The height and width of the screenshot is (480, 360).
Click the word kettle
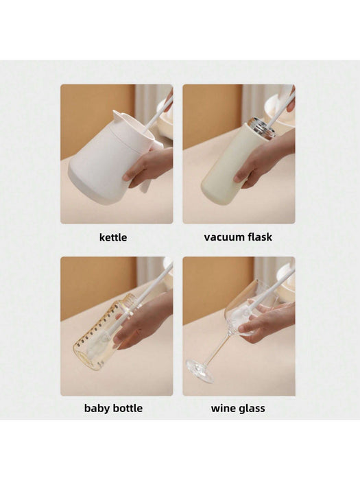[x=113, y=237]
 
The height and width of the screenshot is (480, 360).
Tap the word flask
[x=260, y=237]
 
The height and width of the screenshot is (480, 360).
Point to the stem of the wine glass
[x=218, y=348]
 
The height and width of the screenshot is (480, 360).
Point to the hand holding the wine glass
[x=266, y=321]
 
